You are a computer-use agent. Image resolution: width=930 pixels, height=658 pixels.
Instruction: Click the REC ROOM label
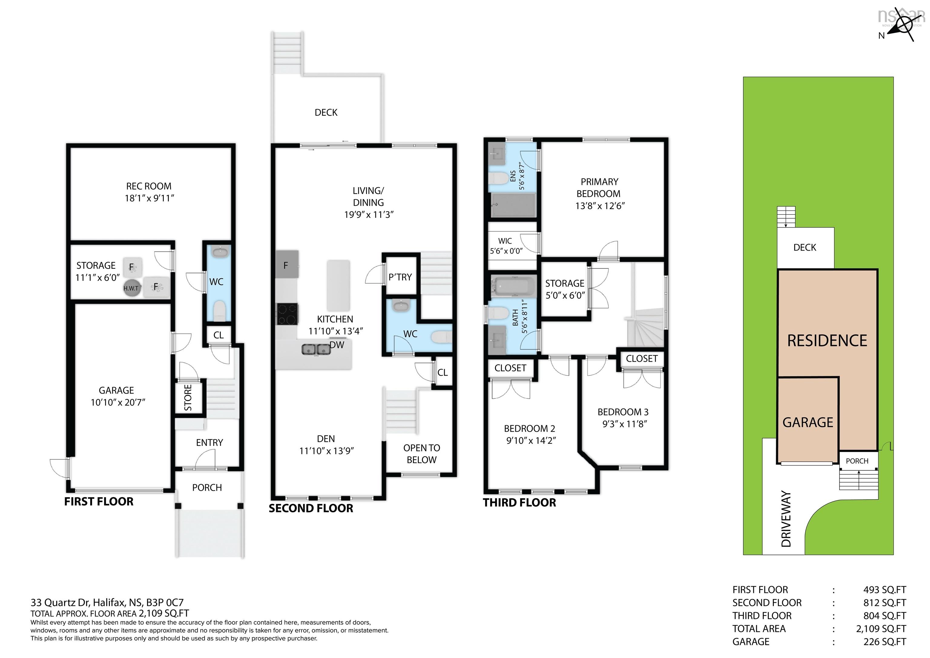point(149,186)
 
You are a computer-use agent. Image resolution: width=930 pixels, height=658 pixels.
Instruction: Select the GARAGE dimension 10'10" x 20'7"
point(118,402)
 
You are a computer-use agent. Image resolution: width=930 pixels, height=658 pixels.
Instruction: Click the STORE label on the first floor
point(188,398)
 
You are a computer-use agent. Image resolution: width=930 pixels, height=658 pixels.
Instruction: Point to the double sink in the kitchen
point(316,349)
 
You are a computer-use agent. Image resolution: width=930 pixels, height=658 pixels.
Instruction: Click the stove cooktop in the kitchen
point(287,314)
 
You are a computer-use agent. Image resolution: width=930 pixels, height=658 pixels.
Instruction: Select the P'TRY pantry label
point(400,277)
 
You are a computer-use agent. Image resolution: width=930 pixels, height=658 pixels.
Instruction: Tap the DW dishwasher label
point(337,345)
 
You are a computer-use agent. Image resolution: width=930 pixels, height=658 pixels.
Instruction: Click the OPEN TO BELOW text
point(422,454)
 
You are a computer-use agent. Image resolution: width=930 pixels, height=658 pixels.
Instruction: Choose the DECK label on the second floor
point(326,112)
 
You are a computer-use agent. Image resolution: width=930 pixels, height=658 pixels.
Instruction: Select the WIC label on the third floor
point(505,241)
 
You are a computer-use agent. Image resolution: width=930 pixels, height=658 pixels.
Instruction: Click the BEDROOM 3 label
point(623,412)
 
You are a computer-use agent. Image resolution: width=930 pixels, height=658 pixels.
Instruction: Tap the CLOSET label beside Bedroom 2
point(510,368)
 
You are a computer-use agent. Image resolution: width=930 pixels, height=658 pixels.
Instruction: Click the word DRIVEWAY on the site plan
point(786,519)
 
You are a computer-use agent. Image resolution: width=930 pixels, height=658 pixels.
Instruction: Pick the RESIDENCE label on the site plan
point(827,341)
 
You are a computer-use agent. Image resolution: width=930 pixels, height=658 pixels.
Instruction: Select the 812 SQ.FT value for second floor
point(885,603)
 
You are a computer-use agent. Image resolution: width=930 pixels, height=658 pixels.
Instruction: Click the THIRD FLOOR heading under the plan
point(519,503)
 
